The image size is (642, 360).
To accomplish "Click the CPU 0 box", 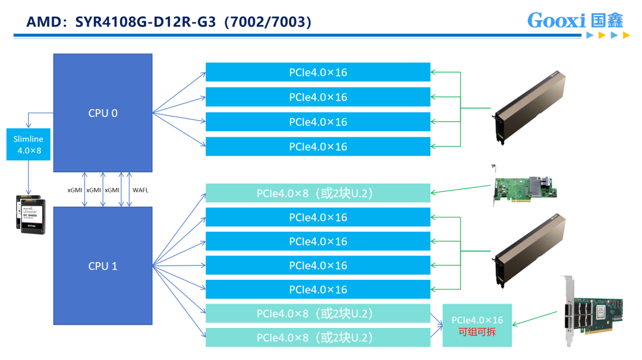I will coord(103,113).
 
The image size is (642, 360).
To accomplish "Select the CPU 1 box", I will coord(103,266).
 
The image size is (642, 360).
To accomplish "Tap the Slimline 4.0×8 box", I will coord(29,144).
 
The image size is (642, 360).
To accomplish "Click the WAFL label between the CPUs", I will coord(141,190).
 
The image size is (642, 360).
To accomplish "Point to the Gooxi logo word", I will coord(557,20).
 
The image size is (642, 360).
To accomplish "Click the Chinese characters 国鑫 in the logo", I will coord(608,20).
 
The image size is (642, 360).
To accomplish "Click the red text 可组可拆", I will coord(477,331).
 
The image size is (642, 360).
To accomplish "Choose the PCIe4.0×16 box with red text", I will coord(477,325).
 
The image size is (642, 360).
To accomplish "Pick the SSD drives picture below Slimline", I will coord(30,214).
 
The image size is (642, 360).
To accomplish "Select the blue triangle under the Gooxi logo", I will coord(590,36).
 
